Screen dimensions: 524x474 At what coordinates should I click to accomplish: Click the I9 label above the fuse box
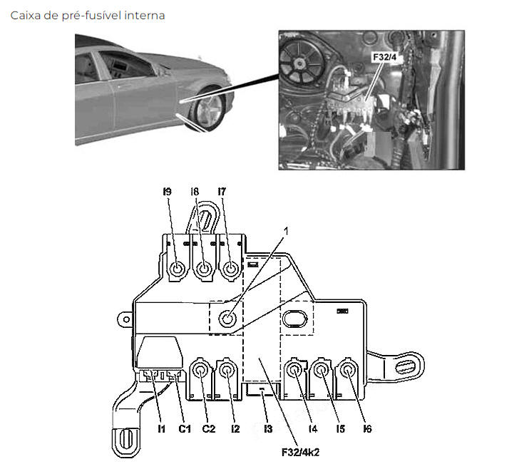167,192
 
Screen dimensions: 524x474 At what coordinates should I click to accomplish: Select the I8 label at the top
195,192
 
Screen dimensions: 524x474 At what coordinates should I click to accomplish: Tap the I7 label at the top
222,192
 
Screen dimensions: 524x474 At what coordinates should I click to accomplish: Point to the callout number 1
286,230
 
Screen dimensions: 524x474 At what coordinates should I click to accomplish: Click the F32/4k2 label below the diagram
300,453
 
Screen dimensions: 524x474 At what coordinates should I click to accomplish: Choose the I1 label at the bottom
161,428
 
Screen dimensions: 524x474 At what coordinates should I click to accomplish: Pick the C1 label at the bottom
185,428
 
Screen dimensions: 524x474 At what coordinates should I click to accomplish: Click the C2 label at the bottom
209,428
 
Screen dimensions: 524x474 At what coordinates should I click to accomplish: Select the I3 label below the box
268,428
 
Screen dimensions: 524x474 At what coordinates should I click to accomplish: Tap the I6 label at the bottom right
367,428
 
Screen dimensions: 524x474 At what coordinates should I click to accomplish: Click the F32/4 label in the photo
385,57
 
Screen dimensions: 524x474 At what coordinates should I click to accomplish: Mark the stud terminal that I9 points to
177,269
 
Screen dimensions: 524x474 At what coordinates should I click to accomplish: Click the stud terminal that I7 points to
230,269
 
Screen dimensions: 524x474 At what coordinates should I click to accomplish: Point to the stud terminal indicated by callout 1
227,319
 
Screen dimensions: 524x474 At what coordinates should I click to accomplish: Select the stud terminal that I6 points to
348,370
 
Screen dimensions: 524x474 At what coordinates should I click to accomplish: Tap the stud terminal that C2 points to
200,371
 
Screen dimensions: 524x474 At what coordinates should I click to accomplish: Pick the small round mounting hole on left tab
126,319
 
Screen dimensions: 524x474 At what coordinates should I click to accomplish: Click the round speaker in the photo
299,63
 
